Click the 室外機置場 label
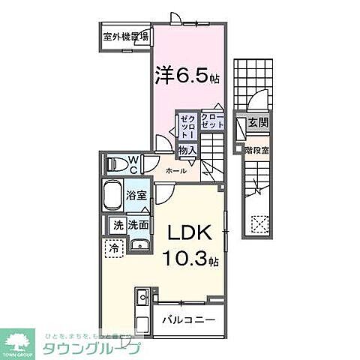tap(125, 35)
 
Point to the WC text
tap(132, 162)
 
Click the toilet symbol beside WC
tap(114, 163)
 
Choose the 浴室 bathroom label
tap(136, 194)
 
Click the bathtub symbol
tap(112, 196)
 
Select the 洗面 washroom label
tap(137, 223)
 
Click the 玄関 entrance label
tap(258, 122)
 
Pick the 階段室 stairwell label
tap(256, 150)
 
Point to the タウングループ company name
tap(100, 349)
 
